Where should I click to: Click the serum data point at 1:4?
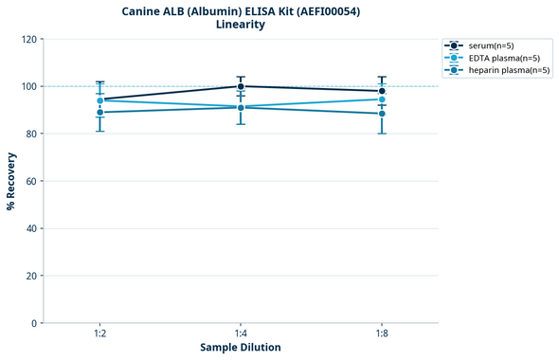pyautogui.click(x=241, y=86)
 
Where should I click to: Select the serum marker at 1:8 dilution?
pyautogui.click(x=382, y=91)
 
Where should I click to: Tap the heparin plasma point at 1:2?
pyautogui.click(x=99, y=113)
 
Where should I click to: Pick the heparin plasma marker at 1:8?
pyautogui.click(x=382, y=114)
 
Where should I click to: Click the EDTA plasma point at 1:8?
pyautogui.click(x=382, y=99)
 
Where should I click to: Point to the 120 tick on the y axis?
pyautogui.click(x=28, y=40)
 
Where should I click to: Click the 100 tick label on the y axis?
pyautogui.click(x=28, y=87)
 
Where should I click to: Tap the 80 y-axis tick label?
pyautogui.click(x=31, y=135)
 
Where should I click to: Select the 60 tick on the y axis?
pyautogui.click(x=31, y=182)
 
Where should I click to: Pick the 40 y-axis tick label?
pyautogui.click(x=31, y=228)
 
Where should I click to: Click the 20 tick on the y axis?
pyautogui.click(x=31, y=276)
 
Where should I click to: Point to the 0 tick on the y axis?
pyautogui.click(x=34, y=323)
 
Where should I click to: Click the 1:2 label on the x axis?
pyautogui.click(x=99, y=333)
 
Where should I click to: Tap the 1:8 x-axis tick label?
pyautogui.click(x=382, y=333)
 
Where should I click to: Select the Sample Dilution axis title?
pyautogui.click(x=241, y=348)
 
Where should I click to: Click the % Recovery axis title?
pyautogui.click(x=11, y=181)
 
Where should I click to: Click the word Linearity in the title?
pyautogui.click(x=241, y=25)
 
